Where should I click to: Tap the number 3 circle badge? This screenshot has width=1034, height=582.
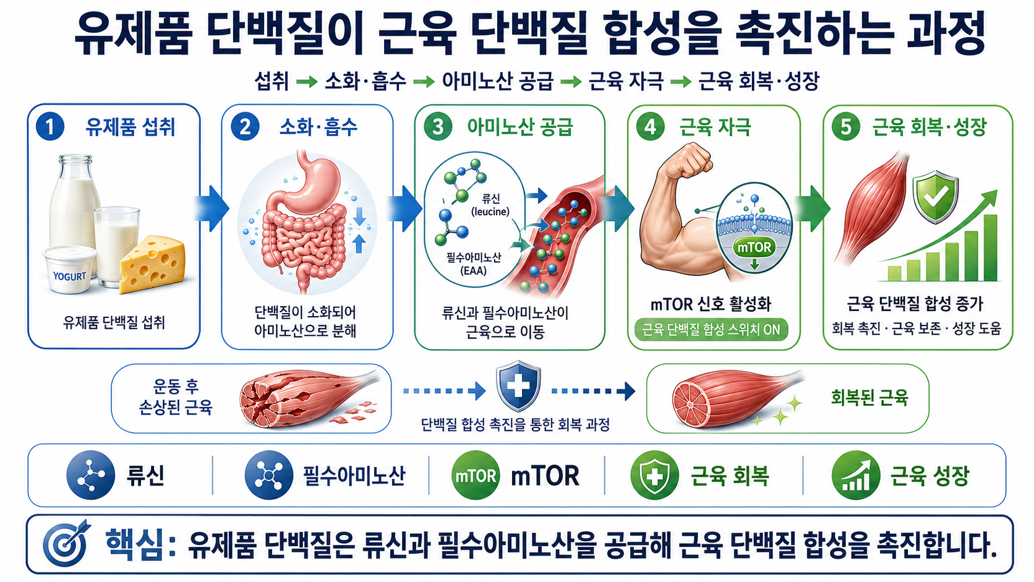438,126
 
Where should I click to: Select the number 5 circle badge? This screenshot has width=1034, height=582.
845,126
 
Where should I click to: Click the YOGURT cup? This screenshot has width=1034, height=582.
69,270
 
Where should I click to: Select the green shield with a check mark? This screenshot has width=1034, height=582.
936,197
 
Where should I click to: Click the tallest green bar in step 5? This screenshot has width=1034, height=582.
990,248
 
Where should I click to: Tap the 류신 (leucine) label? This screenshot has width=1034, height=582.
490,205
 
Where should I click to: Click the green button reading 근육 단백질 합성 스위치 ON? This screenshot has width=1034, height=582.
711,330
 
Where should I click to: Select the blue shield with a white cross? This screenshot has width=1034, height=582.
518,386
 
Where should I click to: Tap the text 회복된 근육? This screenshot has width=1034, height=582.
869,398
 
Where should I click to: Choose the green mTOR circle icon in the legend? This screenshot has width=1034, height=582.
476,476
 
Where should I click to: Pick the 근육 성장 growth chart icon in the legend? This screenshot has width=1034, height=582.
856,476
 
